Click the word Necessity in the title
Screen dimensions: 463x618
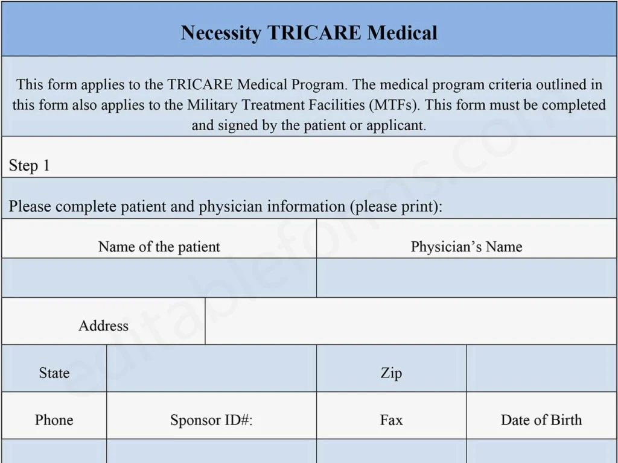(x=221, y=32)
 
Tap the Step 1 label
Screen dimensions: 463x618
(x=29, y=166)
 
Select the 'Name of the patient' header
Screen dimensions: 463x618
(x=159, y=247)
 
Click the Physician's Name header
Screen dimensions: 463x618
(x=466, y=247)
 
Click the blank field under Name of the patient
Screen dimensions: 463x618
(x=159, y=278)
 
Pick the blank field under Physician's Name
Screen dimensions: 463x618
(x=466, y=278)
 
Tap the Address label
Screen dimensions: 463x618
(x=103, y=326)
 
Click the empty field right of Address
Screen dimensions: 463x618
(x=410, y=321)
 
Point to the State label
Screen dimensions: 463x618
(x=54, y=373)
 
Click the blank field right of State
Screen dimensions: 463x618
(x=211, y=368)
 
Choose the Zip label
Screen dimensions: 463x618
(x=391, y=373)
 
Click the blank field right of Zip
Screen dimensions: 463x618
(x=541, y=368)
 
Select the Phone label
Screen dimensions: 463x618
(x=54, y=420)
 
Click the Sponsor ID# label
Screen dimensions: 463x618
(x=211, y=420)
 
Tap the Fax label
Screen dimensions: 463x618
(x=391, y=420)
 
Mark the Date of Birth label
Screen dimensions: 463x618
(x=541, y=420)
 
